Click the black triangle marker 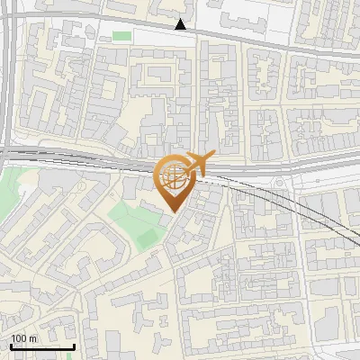[x=182, y=24]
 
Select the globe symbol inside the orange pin [x=172, y=178]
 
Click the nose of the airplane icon [x=212, y=157]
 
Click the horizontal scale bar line [x=42, y=347]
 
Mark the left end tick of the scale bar [x=11, y=346]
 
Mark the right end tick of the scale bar [x=74, y=346]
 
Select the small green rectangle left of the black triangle [x=121, y=36]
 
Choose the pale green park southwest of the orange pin [x=135, y=216]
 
